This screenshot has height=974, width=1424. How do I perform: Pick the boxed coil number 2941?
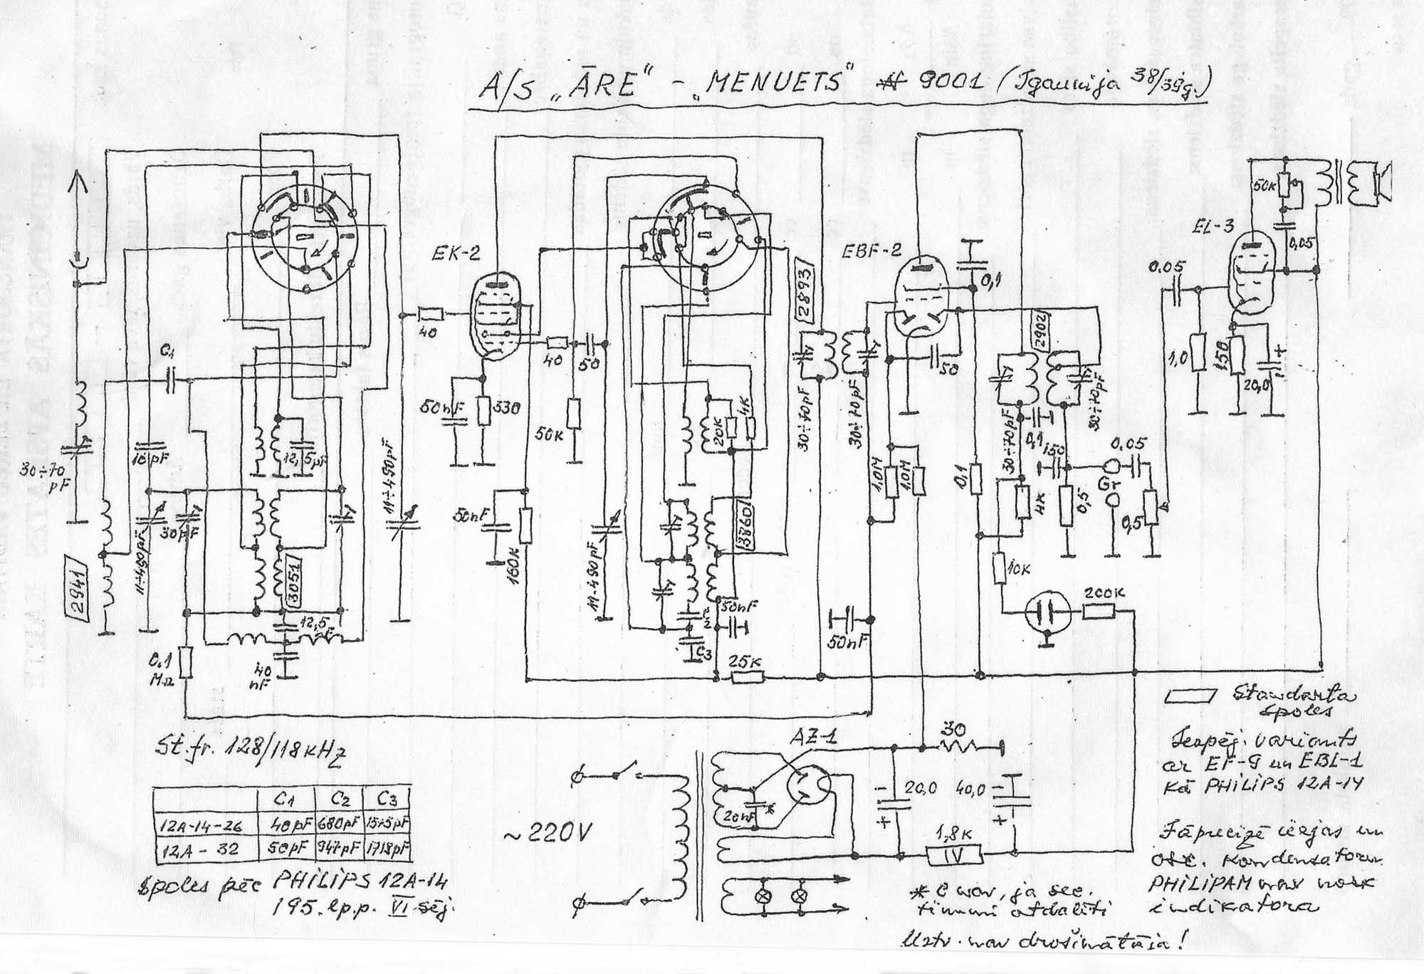(x=75, y=589)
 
